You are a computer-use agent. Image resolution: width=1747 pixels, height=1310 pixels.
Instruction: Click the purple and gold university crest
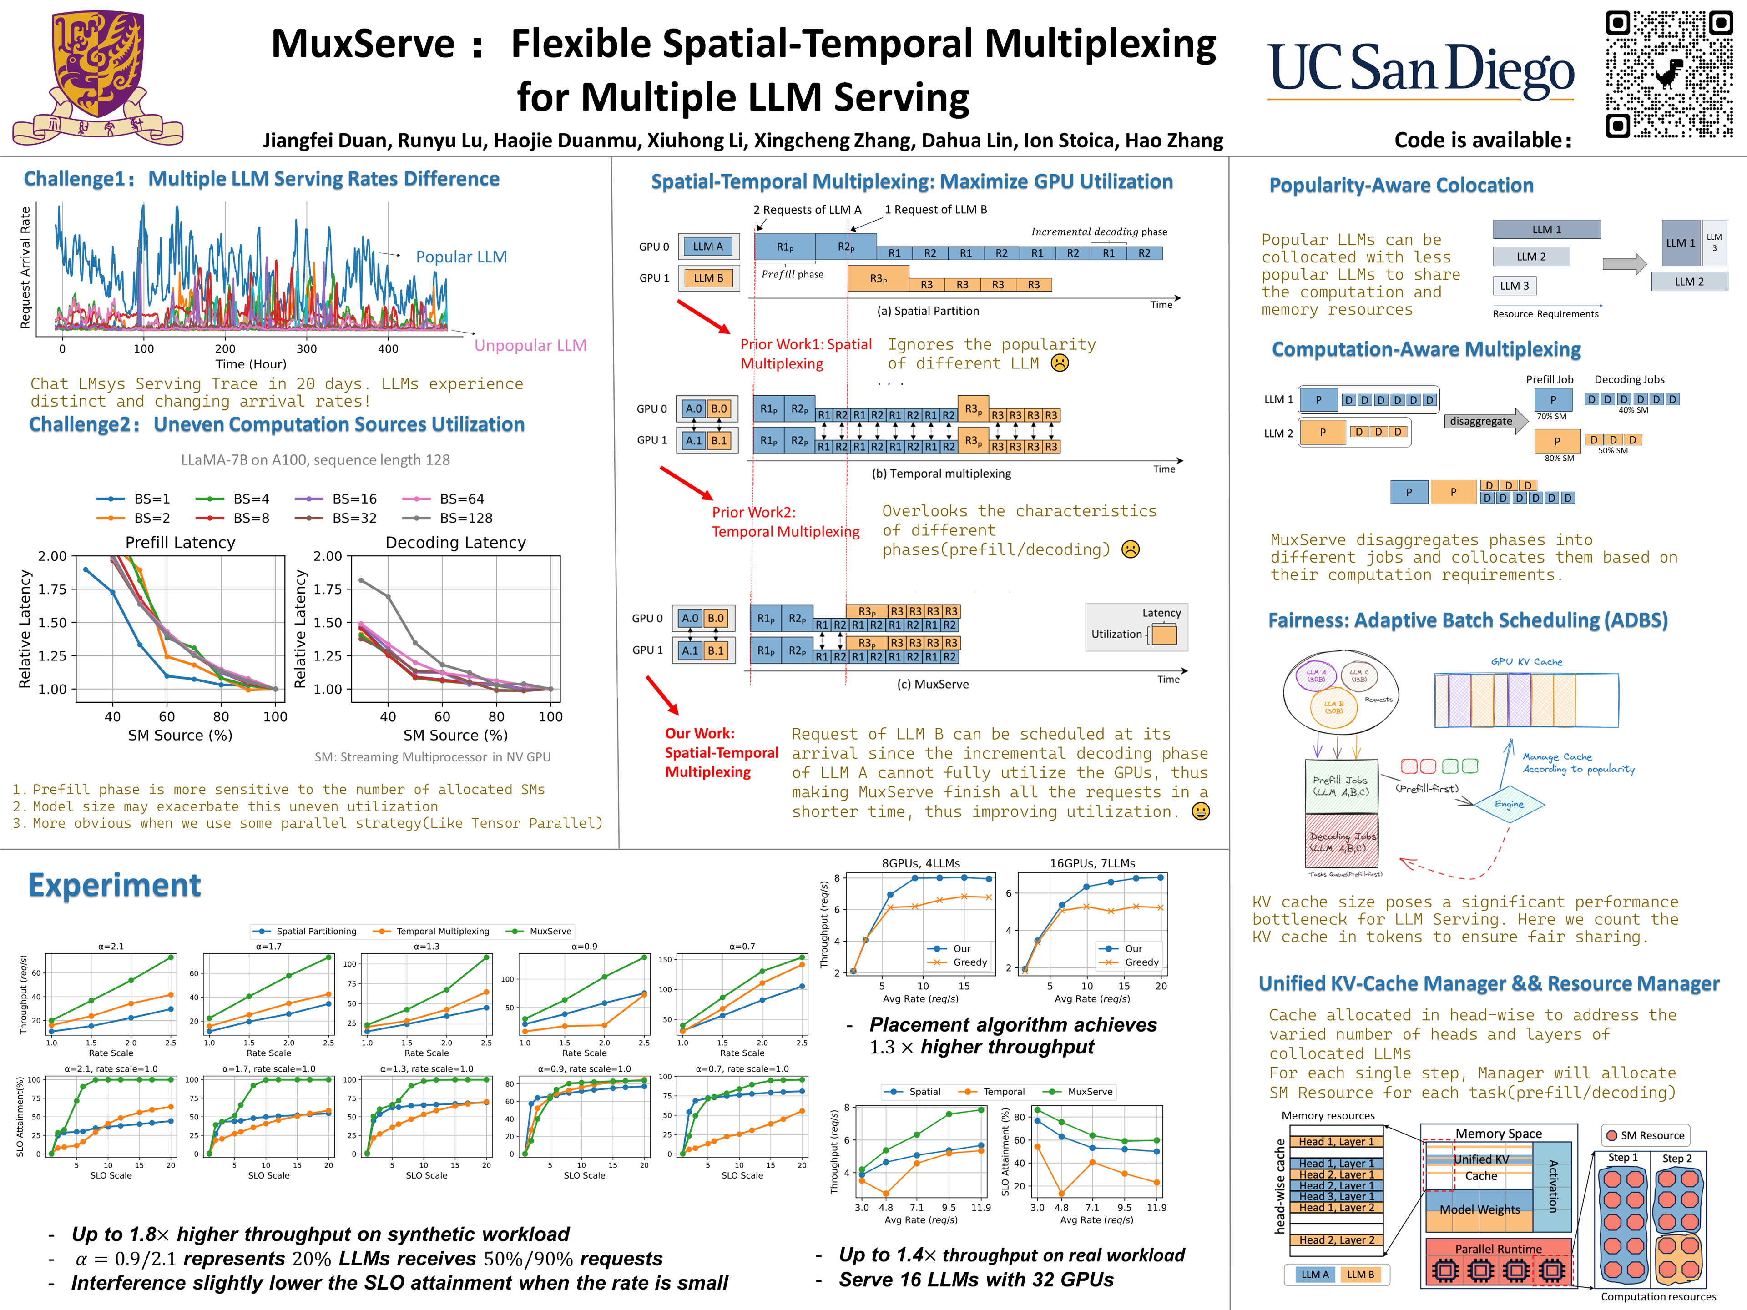98,77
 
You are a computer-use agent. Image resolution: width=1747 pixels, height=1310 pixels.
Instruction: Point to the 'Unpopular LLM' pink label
530,346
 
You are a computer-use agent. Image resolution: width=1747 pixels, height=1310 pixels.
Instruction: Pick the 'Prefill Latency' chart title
180,543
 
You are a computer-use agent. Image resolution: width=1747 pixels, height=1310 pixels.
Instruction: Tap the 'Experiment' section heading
115,885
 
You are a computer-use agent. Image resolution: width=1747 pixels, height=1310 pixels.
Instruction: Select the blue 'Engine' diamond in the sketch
1509,804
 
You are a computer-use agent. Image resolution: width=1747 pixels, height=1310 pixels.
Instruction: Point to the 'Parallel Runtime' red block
1498,1249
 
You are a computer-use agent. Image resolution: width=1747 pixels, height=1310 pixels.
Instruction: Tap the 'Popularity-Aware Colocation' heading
1401,186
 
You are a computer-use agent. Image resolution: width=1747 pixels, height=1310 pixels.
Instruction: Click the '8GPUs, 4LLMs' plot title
921,863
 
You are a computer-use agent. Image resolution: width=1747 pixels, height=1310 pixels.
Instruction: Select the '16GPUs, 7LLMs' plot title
1092,863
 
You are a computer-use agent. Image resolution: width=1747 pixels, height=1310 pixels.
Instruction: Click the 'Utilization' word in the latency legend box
1116,634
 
